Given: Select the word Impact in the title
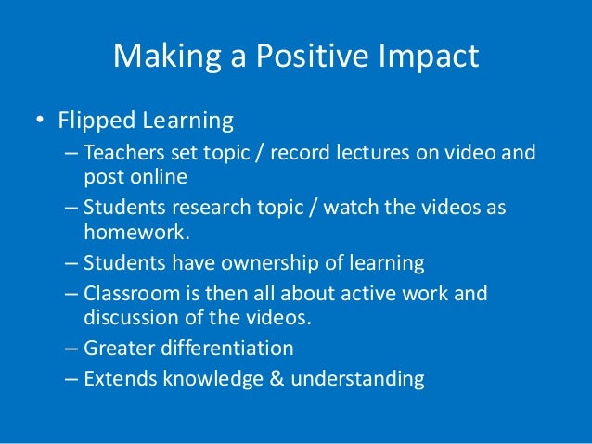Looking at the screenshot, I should tap(429, 57).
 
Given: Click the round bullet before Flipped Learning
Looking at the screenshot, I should tap(40, 121).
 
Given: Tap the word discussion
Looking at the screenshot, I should tap(129, 318).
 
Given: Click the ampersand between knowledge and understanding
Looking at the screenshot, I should tap(263, 378).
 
